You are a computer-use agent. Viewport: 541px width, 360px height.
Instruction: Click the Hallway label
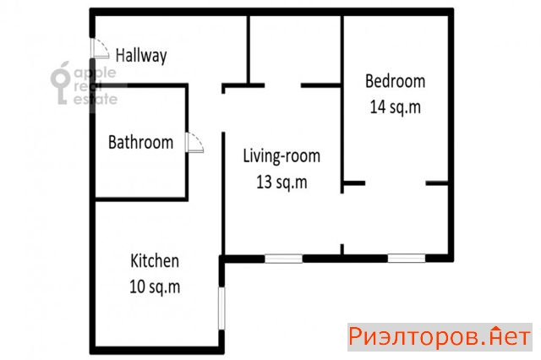(141, 56)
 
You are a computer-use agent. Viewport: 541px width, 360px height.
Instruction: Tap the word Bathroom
(141, 142)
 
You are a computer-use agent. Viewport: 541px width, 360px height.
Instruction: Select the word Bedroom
(395, 81)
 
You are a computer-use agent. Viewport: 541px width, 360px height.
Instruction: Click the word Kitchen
(155, 261)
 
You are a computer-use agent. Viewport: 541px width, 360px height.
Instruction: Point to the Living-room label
(281, 155)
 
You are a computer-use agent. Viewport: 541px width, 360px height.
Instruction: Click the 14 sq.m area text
(396, 107)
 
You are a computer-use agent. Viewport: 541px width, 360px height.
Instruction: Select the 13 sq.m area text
(281, 182)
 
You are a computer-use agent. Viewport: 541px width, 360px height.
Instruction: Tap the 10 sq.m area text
(155, 286)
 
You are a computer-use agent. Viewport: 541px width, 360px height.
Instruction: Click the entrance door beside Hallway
(100, 48)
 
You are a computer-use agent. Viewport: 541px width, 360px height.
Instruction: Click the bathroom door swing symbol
(194, 143)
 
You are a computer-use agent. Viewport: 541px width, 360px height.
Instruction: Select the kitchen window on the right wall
(221, 308)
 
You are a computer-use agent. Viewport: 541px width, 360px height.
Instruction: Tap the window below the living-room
(284, 259)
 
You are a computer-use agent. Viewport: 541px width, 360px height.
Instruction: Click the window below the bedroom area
(407, 259)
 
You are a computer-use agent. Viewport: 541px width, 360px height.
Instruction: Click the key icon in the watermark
(61, 84)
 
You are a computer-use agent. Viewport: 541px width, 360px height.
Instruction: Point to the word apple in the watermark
(96, 74)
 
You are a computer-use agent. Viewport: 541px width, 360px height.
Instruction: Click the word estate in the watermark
(96, 100)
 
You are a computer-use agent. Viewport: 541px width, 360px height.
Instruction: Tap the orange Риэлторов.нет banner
(440, 337)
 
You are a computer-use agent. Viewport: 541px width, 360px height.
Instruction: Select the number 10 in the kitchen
(137, 286)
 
